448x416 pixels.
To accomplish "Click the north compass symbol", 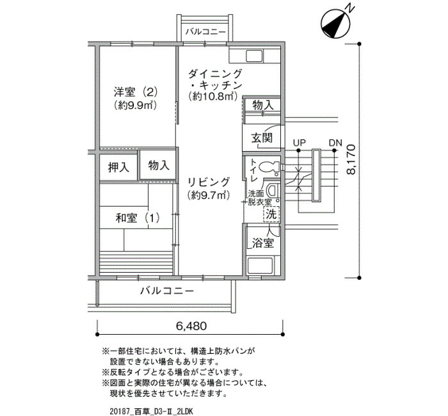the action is [x=336, y=24].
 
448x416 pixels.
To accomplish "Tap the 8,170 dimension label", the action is [x=351, y=159].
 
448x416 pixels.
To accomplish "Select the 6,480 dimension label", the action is [x=191, y=326].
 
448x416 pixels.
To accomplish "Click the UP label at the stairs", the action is [x=299, y=143].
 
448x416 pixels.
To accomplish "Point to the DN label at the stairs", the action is [x=335, y=143].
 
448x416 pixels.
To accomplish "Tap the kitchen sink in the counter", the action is [x=255, y=56].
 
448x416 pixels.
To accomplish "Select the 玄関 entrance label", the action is [x=262, y=138].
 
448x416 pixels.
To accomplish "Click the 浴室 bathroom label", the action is [x=263, y=243].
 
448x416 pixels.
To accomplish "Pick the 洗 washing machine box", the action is [x=271, y=214].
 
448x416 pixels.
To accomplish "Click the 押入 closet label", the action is [x=118, y=167].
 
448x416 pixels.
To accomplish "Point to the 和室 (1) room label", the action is [x=138, y=218].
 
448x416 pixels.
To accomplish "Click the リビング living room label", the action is [x=209, y=182].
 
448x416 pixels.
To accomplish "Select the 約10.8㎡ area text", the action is [x=213, y=97].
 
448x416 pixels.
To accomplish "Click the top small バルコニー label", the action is [x=205, y=31].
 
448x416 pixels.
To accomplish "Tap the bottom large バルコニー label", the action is [x=167, y=291].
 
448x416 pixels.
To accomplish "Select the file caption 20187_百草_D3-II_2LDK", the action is [x=152, y=412].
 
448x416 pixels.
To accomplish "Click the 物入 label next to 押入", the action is [x=159, y=165].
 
